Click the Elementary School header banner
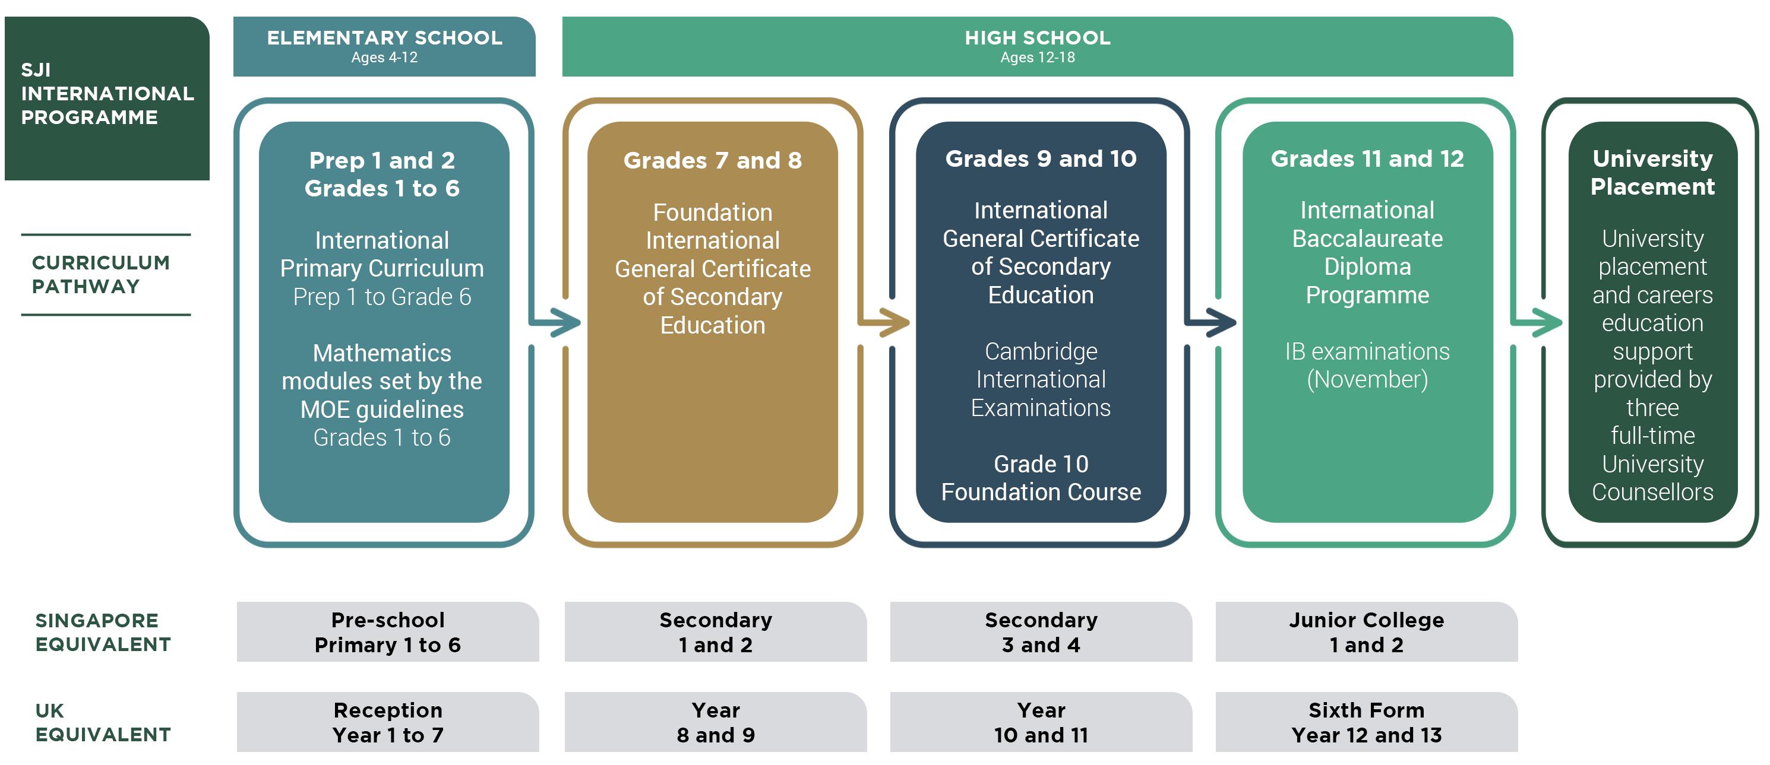click(384, 46)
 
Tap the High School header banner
click(1037, 46)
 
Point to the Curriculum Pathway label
click(101, 275)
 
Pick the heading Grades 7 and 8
click(713, 160)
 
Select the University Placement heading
click(1652, 172)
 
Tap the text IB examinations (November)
click(1367, 366)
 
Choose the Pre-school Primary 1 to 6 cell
click(387, 633)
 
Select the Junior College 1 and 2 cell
click(1366, 633)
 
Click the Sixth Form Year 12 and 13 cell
click(1366, 722)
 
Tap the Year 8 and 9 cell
click(715, 722)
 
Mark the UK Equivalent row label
click(103, 722)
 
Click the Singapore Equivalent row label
click(103, 633)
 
